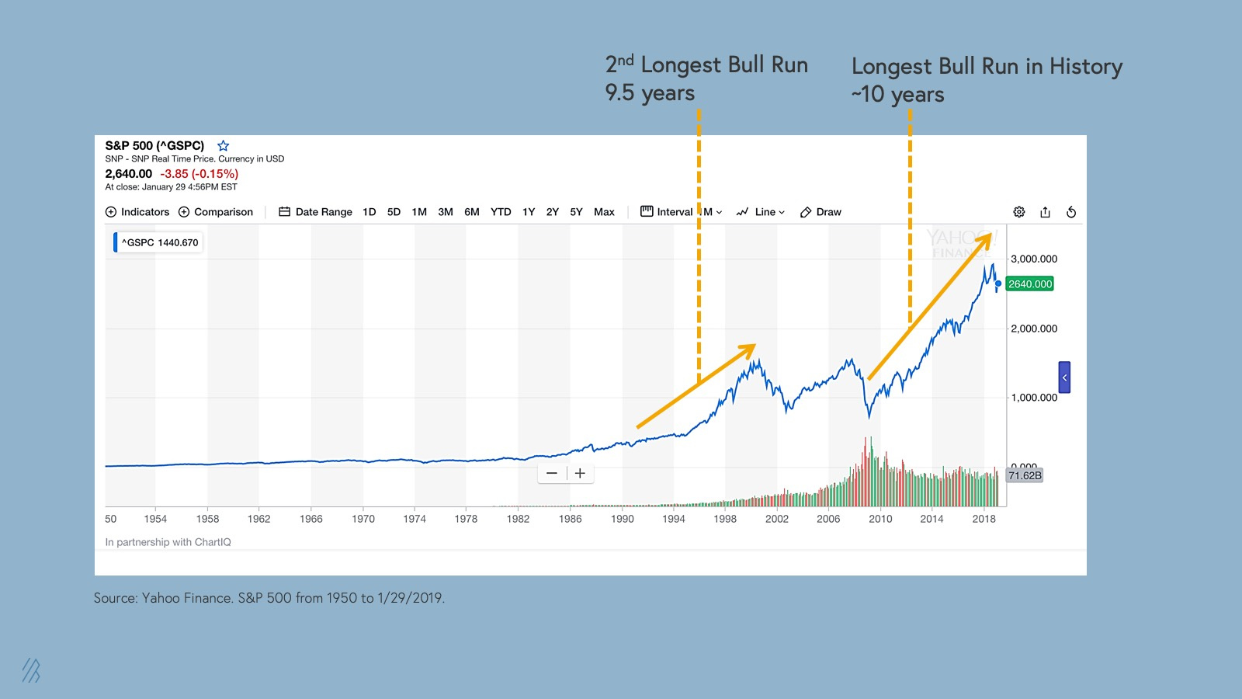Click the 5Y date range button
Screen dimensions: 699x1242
coord(576,212)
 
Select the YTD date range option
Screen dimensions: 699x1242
coord(501,212)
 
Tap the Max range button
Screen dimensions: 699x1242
coord(604,212)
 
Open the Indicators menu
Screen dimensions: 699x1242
coord(137,212)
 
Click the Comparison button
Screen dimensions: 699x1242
coord(216,212)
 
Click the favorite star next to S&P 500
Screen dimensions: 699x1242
coord(224,146)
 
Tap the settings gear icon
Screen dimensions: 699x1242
coord(1019,212)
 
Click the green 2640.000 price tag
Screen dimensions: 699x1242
coord(1030,284)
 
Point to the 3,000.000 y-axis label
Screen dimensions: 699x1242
coord(1034,259)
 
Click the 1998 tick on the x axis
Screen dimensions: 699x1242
coord(725,519)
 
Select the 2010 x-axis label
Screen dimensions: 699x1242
coord(880,519)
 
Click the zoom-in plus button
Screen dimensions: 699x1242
coord(580,473)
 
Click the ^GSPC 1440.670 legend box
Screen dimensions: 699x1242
coord(158,242)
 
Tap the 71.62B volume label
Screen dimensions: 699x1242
coord(1025,475)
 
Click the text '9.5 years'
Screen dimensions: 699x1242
coord(650,93)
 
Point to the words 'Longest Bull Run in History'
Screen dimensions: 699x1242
coord(987,67)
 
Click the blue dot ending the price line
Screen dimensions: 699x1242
coord(998,283)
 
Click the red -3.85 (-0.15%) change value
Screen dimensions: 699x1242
coord(199,174)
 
